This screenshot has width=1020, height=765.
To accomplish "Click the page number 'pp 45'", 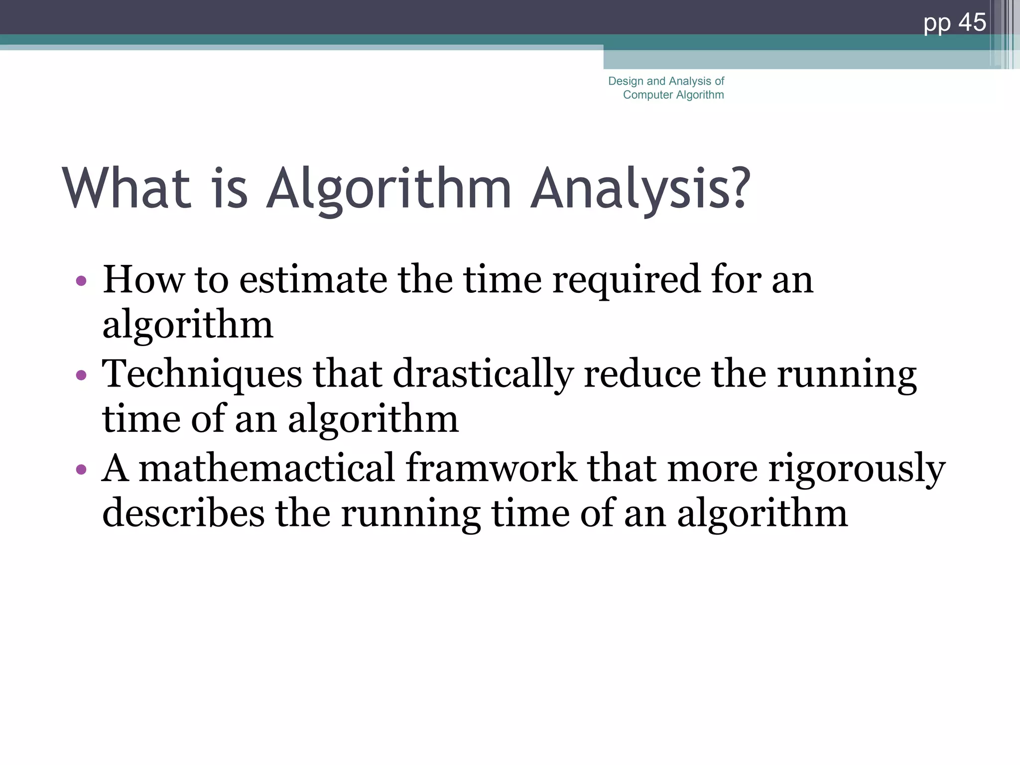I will click(x=954, y=23).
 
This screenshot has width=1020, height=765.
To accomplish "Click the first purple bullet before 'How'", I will click(x=81, y=281).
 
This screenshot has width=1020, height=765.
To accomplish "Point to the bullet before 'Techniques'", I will click(x=81, y=375).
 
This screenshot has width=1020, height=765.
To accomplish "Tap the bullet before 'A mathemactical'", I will click(x=81, y=469).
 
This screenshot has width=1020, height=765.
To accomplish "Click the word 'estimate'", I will click(x=313, y=280).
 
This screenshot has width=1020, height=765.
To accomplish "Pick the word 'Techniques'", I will click(x=202, y=375).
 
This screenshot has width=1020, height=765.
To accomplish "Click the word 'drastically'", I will click(x=483, y=375).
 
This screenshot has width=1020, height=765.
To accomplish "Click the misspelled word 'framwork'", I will click(x=491, y=468).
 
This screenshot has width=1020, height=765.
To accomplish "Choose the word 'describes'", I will click(x=183, y=513).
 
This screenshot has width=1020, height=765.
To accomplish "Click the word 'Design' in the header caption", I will click(x=626, y=81).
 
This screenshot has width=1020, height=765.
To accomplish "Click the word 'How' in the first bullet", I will click(x=143, y=280).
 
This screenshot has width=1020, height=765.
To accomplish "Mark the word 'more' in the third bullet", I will click(x=712, y=469).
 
